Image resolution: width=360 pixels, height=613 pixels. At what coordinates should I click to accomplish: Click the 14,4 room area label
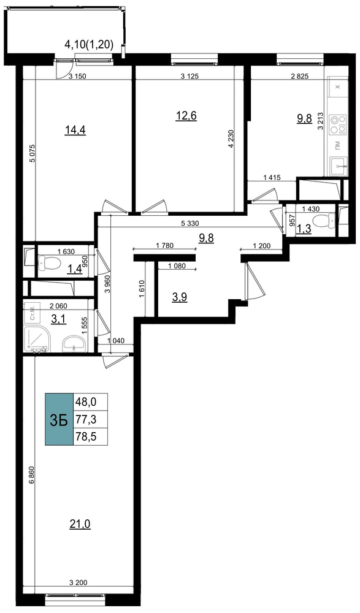75,130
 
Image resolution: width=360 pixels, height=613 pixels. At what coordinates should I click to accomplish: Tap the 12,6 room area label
186,115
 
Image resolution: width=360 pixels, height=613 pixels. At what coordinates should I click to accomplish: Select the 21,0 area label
80,524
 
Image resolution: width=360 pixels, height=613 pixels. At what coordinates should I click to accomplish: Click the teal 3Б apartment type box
59,419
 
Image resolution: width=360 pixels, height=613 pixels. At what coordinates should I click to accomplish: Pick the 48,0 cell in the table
90,402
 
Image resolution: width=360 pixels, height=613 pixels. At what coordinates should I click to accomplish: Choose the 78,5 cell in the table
90,436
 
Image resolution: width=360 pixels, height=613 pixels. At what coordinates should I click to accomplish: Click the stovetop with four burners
339,124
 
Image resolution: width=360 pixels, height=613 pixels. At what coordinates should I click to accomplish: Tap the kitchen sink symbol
339,166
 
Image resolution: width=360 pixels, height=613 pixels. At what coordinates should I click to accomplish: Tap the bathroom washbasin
74,343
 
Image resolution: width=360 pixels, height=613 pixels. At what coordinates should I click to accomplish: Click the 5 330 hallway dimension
191,224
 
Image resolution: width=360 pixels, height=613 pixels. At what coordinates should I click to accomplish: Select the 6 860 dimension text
32,477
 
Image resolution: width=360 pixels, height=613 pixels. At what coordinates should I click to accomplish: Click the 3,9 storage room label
180,298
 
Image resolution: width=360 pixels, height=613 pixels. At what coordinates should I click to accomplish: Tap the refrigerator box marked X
339,86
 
